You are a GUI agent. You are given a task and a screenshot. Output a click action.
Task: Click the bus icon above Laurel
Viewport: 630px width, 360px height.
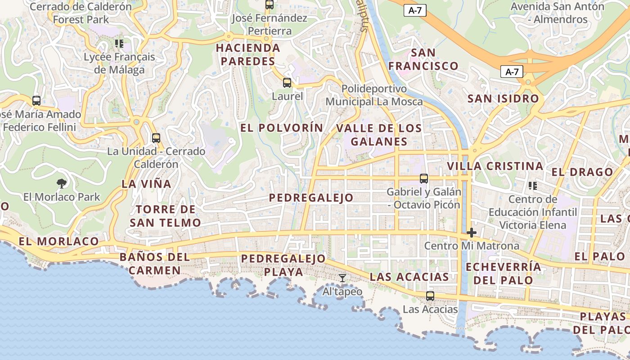[287, 83]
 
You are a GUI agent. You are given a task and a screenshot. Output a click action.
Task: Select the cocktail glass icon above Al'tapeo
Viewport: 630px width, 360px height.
[342, 278]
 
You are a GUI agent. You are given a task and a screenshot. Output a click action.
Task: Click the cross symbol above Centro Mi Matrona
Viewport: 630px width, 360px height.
[471, 233]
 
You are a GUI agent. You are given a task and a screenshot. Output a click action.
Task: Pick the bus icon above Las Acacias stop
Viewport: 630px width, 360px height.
[430, 296]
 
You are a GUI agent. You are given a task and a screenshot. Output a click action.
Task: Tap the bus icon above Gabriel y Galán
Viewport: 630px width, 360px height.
[423, 179]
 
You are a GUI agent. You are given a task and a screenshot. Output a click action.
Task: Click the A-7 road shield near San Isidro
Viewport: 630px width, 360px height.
[512, 72]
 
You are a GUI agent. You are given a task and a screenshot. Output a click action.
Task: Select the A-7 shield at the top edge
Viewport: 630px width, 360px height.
[414, 10]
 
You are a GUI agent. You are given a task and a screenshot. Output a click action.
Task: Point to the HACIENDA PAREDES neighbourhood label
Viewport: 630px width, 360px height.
[248, 54]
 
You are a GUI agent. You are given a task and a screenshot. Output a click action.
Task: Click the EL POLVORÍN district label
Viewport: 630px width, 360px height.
[282, 128]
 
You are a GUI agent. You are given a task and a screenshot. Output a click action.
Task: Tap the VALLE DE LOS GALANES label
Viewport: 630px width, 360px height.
[379, 135]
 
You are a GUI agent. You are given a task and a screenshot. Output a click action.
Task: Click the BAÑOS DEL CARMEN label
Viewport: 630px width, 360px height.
[154, 264]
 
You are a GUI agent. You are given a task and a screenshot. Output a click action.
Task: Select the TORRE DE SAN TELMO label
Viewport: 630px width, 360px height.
[165, 216]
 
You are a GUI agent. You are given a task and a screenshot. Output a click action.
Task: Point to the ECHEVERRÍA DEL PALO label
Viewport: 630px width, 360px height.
[503, 273]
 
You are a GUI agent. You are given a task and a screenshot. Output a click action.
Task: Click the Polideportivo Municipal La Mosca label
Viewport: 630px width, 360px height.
[374, 95]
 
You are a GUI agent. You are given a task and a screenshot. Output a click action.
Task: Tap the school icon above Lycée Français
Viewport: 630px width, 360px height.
[119, 43]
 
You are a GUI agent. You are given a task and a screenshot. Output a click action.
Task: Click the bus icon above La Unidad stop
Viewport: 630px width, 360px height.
[156, 138]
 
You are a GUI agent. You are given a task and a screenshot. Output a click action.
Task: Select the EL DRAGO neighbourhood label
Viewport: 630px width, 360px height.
[582, 172]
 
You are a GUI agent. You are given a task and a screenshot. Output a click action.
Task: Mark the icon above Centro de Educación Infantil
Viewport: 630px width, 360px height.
[533, 185]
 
